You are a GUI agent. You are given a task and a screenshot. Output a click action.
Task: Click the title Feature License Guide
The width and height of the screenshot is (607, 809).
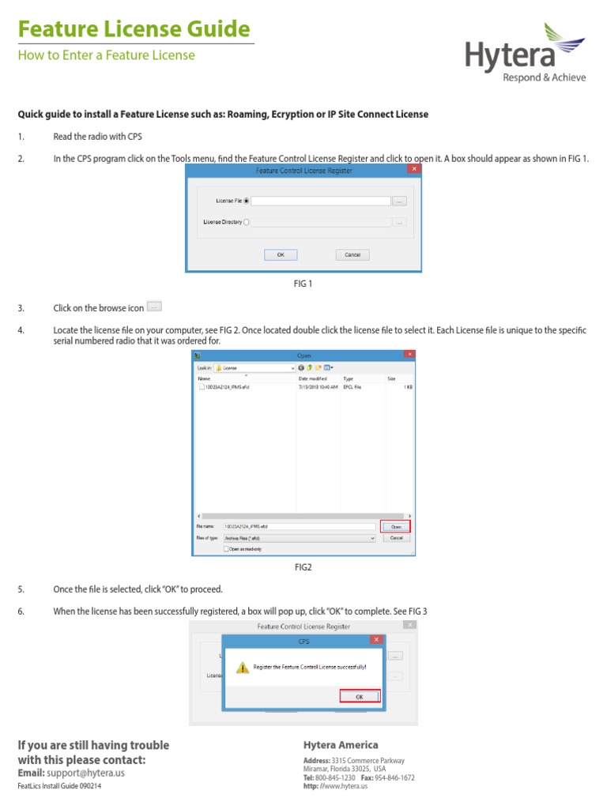[x=134, y=30]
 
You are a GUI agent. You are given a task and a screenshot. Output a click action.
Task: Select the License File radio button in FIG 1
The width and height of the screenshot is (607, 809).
[x=247, y=201]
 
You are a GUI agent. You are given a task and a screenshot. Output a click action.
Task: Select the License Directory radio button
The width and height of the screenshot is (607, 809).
[x=247, y=222]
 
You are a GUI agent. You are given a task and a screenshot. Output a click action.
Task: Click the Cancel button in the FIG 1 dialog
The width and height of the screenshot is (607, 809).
[x=352, y=255]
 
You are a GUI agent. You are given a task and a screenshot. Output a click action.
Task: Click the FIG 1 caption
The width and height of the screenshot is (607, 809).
[x=303, y=284]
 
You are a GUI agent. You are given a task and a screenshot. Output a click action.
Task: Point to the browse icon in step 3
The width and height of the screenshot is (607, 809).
[x=155, y=307]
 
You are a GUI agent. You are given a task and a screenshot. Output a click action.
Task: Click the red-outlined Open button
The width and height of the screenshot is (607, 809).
[x=396, y=526]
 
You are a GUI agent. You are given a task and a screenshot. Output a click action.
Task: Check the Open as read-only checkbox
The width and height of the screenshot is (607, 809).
[x=227, y=548]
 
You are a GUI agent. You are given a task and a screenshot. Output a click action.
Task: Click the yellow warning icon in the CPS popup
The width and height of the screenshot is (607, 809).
[x=240, y=668]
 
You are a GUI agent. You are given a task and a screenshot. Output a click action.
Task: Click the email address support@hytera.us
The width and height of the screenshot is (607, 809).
[x=85, y=773]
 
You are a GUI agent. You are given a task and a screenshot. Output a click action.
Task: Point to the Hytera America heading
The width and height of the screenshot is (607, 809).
[x=341, y=745]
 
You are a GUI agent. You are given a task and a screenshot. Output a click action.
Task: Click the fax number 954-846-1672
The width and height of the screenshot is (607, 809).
[x=394, y=777]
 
